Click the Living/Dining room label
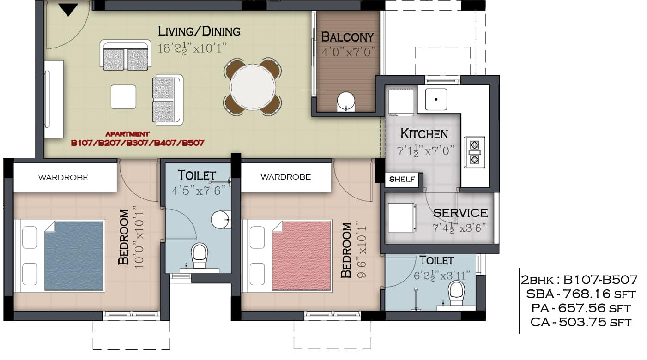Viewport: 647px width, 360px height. tap(199, 31)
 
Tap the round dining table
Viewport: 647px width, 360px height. tap(253, 87)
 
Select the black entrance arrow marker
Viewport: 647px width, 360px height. tap(68, 10)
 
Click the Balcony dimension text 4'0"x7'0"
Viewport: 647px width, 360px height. tap(348, 52)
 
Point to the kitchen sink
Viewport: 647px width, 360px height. tap(436, 99)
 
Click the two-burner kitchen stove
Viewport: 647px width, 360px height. tap(474, 152)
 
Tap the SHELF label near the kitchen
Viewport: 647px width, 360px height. tap(402, 179)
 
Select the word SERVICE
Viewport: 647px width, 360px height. tap(460, 213)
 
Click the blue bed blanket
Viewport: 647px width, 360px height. tap(74, 256)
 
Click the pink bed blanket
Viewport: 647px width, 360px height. tap(302, 256)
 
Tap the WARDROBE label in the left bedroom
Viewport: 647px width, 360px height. tap(63, 177)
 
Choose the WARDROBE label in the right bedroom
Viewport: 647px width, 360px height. tap(286, 177)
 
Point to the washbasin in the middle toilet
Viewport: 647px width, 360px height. tap(221, 220)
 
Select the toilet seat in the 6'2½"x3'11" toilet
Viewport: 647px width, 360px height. tap(456, 293)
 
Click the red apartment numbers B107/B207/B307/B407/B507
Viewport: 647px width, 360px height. tap(138, 143)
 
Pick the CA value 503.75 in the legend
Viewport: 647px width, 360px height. tap(582, 322)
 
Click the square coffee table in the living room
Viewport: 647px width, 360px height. tap(123, 97)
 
